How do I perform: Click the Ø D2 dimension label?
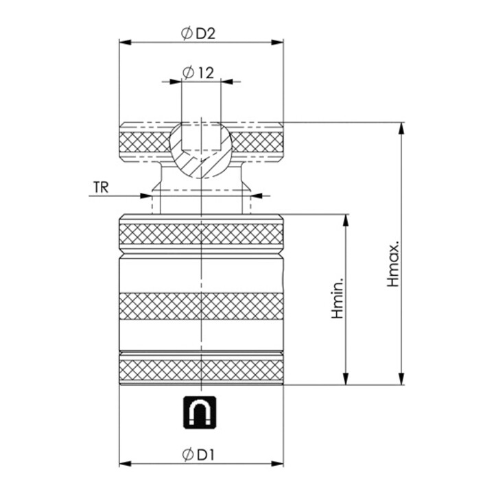coord(198,34)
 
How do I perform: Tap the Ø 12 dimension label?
coord(198,73)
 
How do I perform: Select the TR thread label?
coord(101,187)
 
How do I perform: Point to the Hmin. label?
coord(338,298)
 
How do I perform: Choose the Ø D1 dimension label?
coord(198,455)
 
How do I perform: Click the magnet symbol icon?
coord(200,412)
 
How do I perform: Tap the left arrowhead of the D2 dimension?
coord(126,43)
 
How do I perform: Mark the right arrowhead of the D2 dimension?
coord(277,43)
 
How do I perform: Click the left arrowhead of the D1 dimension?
coord(126,463)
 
